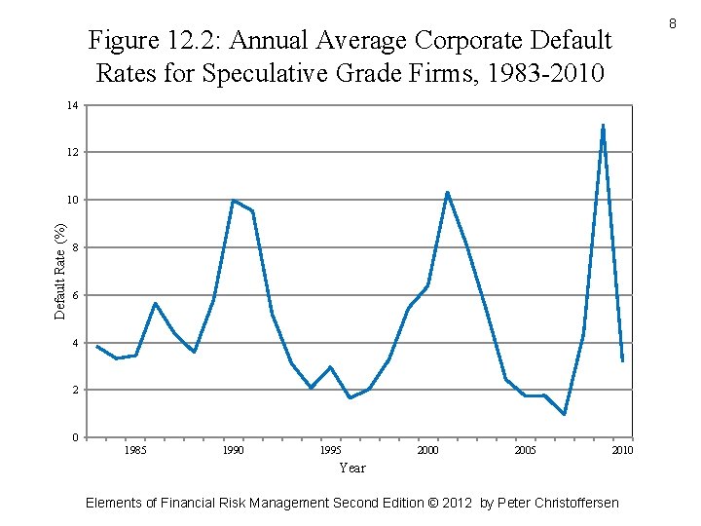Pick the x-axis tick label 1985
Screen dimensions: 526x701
pyautogui.click(x=136, y=450)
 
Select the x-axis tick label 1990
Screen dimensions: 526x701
pyautogui.click(x=234, y=450)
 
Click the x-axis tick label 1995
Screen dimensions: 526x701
pyautogui.click(x=330, y=450)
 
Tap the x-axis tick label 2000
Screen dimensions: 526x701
pyautogui.click(x=427, y=450)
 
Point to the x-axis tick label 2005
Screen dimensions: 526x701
pyautogui.click(x=525, y=450)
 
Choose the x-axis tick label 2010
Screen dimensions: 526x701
pyautogui.click(x=622, y=450)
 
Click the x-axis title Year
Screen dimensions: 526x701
pyautogui.click(x=352, y=469)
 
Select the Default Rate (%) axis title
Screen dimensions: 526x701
pyautogui.click(x=60, y=271)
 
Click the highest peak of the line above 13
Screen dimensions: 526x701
pyautogui.click(x=604, y=125)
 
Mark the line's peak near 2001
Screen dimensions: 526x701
pyautogui.click(x=447, y=192)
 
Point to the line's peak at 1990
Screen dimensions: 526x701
pyautogui.click(x=234, y=201)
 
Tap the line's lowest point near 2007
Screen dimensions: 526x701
pyautogui.click(x=564, y=414)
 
